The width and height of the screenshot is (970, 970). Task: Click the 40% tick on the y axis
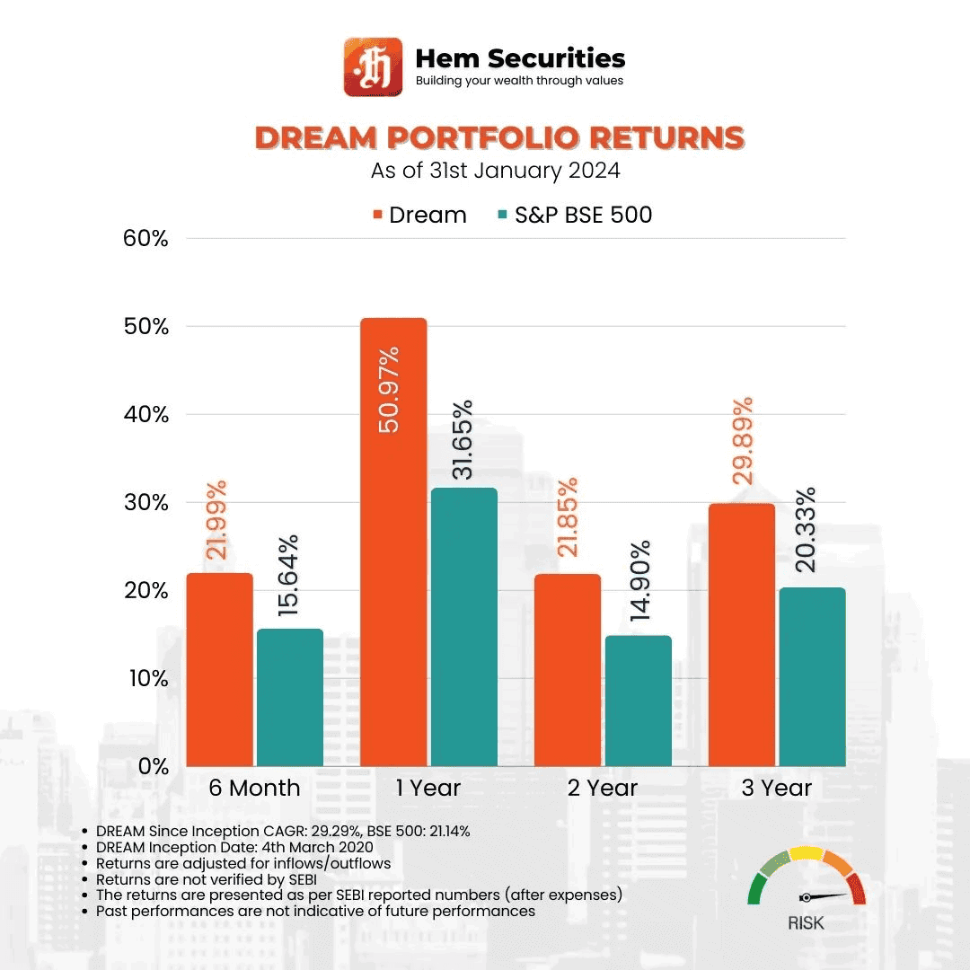[x=145, y=415]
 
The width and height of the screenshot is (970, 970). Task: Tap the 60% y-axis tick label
[x=145, y=239]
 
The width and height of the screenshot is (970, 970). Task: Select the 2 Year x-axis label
[x=602, y=789]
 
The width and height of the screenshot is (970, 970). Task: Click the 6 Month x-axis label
[x=254, y=789]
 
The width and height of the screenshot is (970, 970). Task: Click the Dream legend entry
[x=419, y=216]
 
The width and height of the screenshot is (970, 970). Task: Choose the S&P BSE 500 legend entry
[x=575, y=216]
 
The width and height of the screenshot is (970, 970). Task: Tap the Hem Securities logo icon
[x=372, y=66]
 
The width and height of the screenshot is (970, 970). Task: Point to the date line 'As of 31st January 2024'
[x=496, y=171]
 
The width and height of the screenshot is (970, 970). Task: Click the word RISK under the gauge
[x=806, y=923]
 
